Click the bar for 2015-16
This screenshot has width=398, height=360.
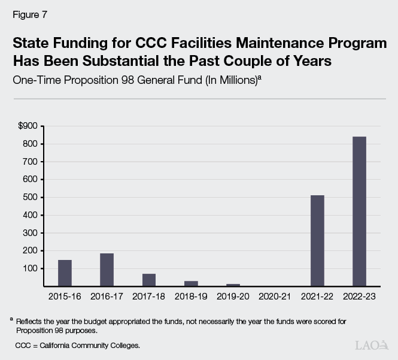point(65,273)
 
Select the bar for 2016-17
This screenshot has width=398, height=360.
point(107,270)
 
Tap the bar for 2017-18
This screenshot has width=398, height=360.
point(148,280)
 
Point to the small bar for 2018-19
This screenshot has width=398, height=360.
point(191,283)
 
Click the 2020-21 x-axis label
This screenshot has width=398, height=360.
point(275,296)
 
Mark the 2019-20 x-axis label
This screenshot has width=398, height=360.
point(233,296)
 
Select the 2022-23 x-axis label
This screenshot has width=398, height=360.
point(359,296)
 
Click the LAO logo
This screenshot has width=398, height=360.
point(371,345)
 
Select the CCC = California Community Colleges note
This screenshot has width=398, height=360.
point(78,346)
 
